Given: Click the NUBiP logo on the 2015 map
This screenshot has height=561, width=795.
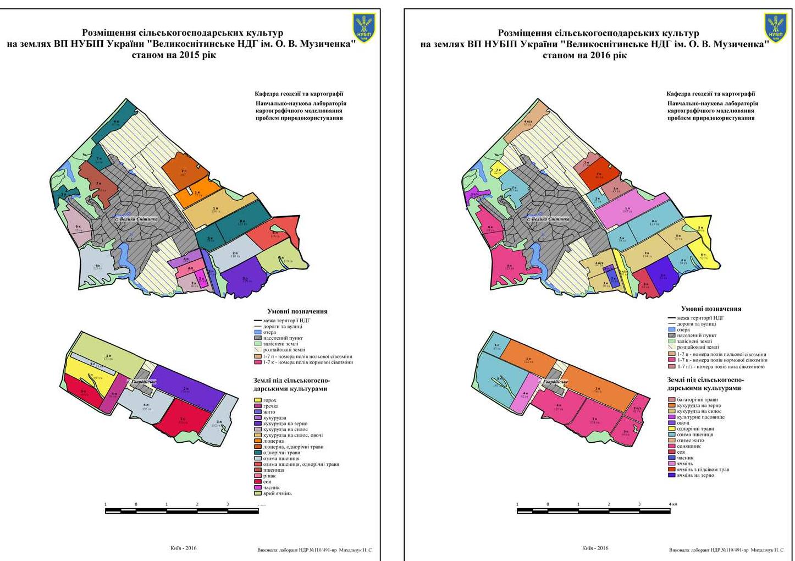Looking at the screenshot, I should coord(363,28).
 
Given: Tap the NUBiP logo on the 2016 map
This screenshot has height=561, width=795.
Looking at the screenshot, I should coord(776,28).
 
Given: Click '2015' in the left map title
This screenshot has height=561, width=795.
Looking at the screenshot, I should coord(190,55).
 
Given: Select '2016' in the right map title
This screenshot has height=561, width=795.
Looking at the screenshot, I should coord(601,55).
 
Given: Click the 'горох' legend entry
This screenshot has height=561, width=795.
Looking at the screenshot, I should coord(269,400).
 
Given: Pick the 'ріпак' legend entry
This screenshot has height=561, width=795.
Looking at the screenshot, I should coord(270,476).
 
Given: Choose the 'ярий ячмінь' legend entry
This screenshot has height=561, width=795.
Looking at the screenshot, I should coord(277,493).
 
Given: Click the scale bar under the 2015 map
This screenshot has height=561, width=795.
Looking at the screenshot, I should coord(182,511).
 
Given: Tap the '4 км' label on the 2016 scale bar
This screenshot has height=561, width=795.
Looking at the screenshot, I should coord(673,504).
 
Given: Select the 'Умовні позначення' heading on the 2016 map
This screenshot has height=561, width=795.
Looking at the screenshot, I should coord(711,309).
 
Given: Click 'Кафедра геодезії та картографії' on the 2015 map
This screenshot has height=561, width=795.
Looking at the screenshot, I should coord(299,94).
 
